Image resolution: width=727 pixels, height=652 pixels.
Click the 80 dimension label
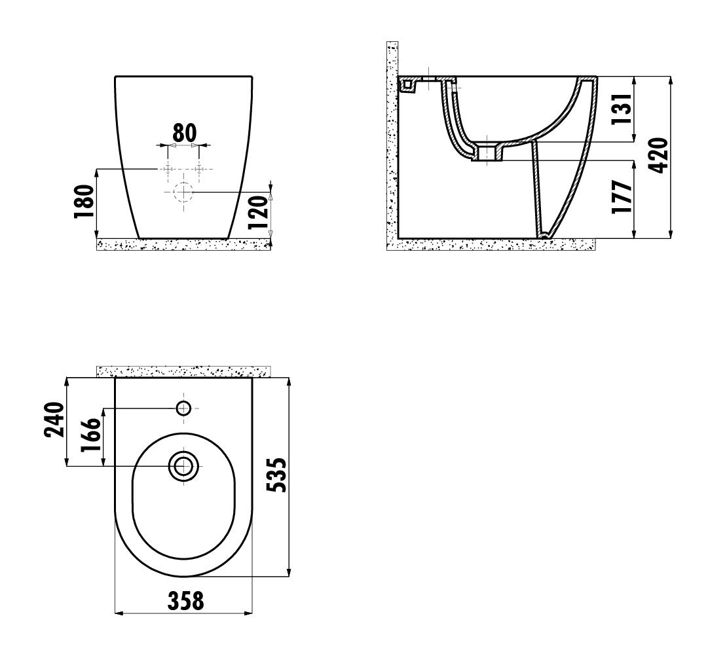185,133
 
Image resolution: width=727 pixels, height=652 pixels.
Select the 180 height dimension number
84,202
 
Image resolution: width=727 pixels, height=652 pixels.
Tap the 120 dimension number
258,212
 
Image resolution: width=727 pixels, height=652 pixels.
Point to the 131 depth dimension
622,109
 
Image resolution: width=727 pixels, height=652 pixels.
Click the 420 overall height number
659,155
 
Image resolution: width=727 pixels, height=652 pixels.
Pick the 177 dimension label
622,196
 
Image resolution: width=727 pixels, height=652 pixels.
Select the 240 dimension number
54,420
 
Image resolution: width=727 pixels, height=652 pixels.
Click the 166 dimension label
90,435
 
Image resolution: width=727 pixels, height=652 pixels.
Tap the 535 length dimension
278,475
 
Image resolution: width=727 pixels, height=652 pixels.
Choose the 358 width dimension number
185,601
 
